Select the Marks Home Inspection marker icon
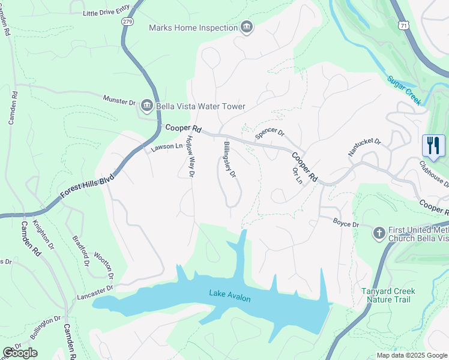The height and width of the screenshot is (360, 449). (246, 27)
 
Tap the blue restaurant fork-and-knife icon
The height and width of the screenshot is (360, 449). (433, 145)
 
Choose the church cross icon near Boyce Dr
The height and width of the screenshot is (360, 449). (379, 232)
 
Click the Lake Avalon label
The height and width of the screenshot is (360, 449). (230, 295)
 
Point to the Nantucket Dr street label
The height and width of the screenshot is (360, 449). (364, 148)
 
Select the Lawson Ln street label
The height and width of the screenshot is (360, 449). (166, 146)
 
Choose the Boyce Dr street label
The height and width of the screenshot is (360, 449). (346, 224)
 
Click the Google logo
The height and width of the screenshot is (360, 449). (20, 353)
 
